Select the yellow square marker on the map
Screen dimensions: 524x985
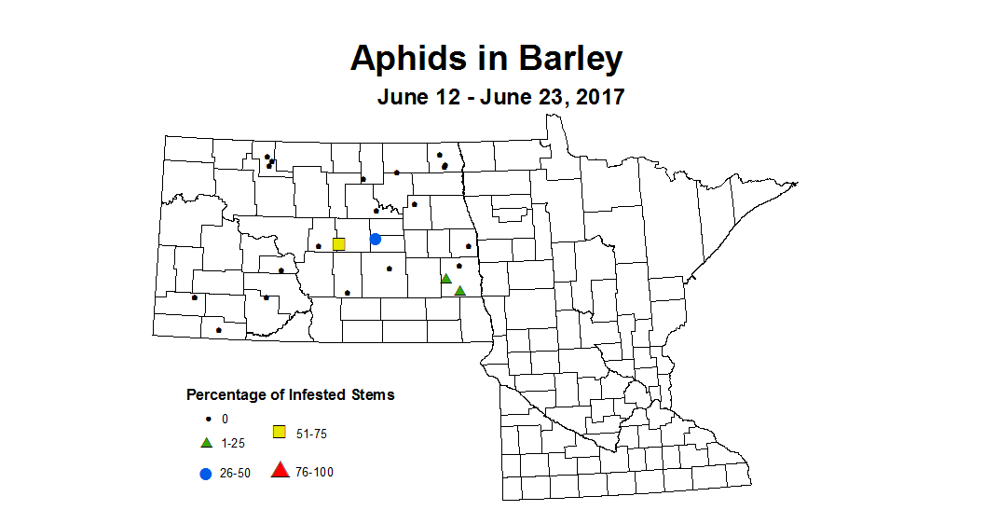coord(339,244)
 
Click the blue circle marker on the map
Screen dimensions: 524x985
coord(376,240)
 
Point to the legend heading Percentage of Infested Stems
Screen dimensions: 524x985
coord(290,394)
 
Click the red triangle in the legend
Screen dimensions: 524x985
coord(280,470)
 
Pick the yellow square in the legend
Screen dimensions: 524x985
coord(279,432)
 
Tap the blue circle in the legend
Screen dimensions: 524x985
coord(205,474)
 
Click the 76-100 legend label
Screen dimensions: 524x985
coord(314,473)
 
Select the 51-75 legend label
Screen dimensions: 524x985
coord(310,434)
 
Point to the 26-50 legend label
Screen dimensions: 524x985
coord(235,474)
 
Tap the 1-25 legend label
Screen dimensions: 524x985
coord(232,443)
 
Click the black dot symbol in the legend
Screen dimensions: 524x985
coord(206,420)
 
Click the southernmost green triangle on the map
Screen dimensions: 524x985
coord(459,291)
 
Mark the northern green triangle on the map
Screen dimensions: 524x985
coord(446,278)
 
